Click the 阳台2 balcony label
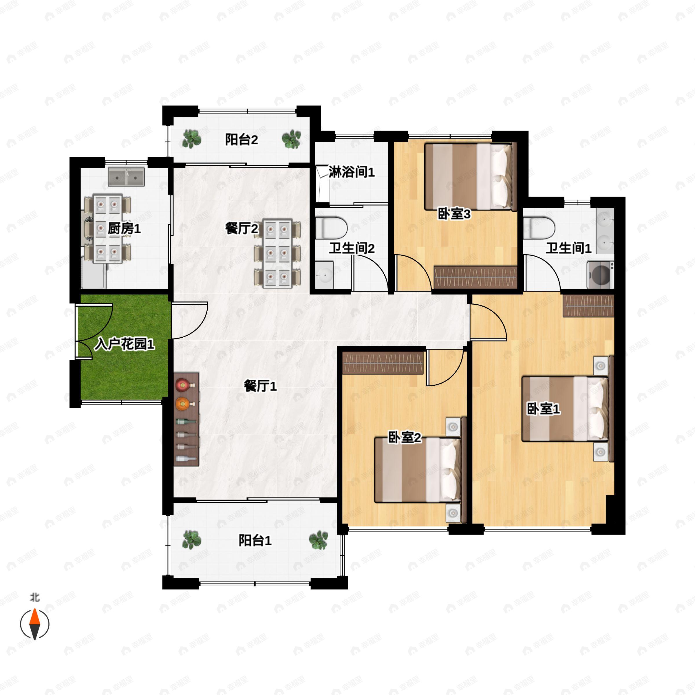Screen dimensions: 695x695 (x=242, y=140)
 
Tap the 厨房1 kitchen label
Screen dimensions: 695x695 (x=124, y=228)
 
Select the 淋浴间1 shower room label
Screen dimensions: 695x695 (x=352, y=172)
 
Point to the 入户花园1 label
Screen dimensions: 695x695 (x=125, y=344)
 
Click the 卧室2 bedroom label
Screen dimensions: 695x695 (x=404, y=438)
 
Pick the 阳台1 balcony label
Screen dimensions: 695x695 (x=255, y=540)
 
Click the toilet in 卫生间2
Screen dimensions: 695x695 (x=331, y=227)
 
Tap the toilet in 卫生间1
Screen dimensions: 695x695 (x=539, y=227)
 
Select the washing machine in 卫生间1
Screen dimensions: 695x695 (x=600, y=275)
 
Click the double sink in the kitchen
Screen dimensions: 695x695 (x=126, y=177)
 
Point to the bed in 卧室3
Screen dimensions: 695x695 (x=468, y=177)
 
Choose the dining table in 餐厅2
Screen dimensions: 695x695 (x=277, y=253)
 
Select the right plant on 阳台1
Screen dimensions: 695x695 (x=318, y=540)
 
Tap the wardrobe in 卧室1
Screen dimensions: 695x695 (x=588, y=306)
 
